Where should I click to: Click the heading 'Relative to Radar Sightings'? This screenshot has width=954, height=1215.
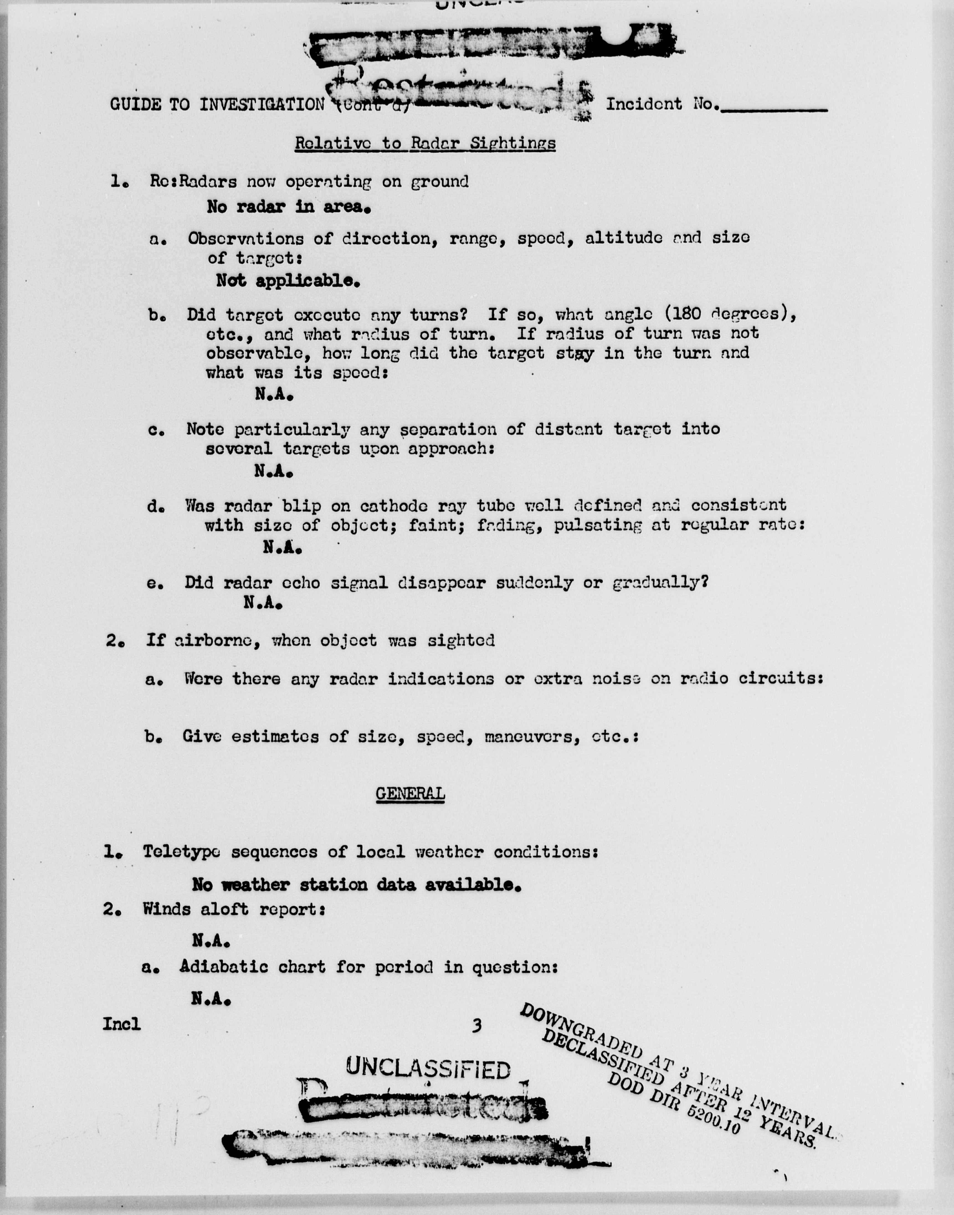tap(425, 143)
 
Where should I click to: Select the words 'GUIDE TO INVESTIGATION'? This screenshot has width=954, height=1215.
tap(217, 104)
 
